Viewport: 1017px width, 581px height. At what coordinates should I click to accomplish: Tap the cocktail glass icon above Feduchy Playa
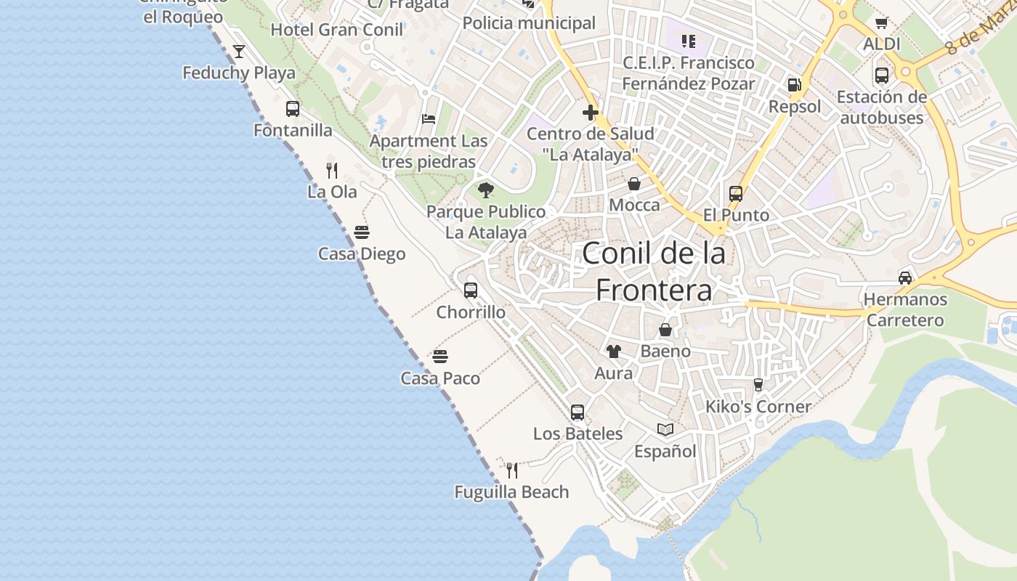pyautogui.click(x=239, y=52)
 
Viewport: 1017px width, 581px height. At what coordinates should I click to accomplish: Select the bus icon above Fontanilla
pyautogui.click(x=293, y=109)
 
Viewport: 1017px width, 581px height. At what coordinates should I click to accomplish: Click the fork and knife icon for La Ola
pyautogui.click(x=332, y=171)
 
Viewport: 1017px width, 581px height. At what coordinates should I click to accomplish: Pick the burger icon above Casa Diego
pyautogui.click(x=362, y=232)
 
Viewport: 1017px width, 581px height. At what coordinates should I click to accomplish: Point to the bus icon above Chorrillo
pyautogui.click(x=471, y=290)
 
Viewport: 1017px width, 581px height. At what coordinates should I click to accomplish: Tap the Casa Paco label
pyautogui.click(x=440, y=378)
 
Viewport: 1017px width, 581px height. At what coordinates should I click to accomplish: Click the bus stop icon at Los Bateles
pyautogui.click(x=578, y=413)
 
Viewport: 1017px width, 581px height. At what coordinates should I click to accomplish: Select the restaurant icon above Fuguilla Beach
pyautogui.click(x=512, y=471)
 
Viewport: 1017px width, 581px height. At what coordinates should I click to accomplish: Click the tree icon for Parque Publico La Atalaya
pyautogui.click(x=486, y=190)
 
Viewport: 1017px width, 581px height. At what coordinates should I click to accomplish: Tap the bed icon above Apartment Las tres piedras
pyautogui.click(x=429, y=119)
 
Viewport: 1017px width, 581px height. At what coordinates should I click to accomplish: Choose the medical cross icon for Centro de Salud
pyautogui.click(x=590, y=113)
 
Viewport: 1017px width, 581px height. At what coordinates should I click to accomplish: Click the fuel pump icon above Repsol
pyautogui.click(x=795, y=85)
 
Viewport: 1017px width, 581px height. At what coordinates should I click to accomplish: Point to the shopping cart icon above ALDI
pyautogui.click(x=882, y=23)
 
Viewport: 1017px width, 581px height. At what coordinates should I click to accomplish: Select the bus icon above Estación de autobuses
pyautogui.click(x=882, y=75)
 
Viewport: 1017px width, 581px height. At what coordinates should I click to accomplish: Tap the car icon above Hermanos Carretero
pyautogui.click(x=905, y=277)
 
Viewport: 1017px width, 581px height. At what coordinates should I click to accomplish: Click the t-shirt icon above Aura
pyautogui.click(x=614, y=352)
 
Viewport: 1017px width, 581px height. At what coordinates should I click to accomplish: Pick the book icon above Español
pyautogui.click(x=665, y=429)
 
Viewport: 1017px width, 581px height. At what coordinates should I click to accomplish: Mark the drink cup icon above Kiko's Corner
pyautogui.click(x=758, y=384)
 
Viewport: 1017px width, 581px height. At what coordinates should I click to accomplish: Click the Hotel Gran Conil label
pyautogui.click(x=337, y=30)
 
